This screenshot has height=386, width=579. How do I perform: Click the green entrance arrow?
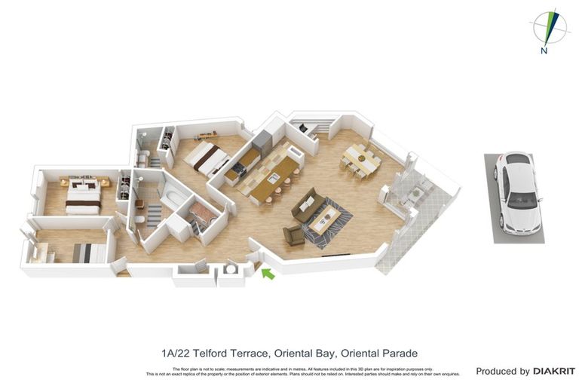[267, 274]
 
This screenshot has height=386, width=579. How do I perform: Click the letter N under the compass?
[544, 51]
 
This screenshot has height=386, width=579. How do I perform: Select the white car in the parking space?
[518, 192]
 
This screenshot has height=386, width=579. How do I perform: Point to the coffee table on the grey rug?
[325, 218]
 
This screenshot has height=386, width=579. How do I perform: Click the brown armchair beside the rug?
[293, 235]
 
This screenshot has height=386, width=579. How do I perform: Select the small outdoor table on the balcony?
[412, 194]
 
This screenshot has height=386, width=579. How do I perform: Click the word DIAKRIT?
[554, 371]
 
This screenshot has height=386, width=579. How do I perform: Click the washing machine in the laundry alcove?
[231, 269]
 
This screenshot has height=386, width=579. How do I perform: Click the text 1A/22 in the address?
[175, 353]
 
